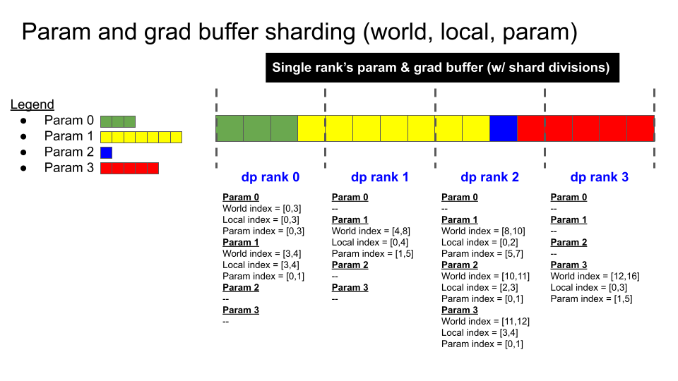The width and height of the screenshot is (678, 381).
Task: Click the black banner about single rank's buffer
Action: [x=442, y=68]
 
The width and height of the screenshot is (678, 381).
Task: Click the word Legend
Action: [x=32, y=105]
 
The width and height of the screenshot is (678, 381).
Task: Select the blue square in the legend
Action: [x=106, y=152]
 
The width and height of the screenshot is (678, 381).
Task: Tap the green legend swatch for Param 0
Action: [x=118, y=121]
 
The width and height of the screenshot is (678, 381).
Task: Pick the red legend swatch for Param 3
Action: [x=129, y=168]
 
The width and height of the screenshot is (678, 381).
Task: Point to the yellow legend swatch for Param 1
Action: [x=141, y=137]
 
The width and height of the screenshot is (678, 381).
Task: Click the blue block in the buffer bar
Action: [x=503, y=128]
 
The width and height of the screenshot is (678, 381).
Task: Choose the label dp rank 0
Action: [x=270, y=177]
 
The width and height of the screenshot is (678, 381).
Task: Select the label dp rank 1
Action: [x=379, y=177]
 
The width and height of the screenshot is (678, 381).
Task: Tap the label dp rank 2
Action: [x=489, y=177]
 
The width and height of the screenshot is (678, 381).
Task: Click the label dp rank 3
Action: [x=599, y=177]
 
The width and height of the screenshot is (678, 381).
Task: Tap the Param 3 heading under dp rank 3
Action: [x=569, y=265]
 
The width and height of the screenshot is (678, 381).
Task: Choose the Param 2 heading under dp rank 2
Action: [x=460, y=265]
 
